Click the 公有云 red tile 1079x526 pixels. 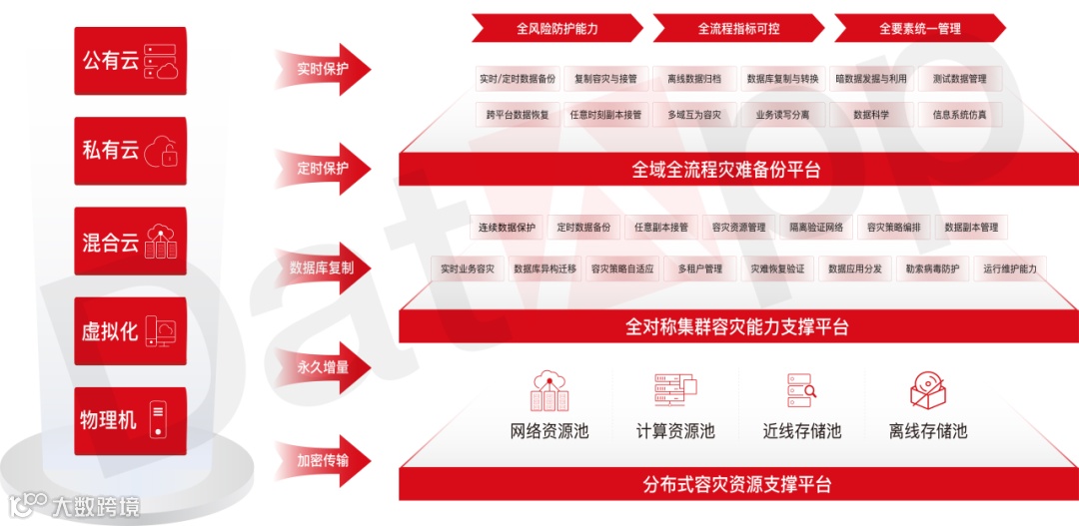point(130,61)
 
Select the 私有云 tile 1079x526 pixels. point(130,151)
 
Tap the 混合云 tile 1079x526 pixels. point(130,242)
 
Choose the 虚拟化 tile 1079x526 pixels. point(130,331)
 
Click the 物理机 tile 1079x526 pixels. point(130,421)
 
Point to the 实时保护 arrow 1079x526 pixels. point(325,70)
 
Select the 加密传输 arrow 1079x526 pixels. point(325,461)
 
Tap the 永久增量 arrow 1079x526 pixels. point(325,367)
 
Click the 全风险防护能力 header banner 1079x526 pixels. point(557,29)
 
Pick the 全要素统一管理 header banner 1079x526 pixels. point(920,29)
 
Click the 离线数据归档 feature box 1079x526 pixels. point(694,79)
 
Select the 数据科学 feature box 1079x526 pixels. point(871,115)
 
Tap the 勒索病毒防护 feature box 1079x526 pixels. point(932,268)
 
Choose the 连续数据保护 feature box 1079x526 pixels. point(507,228)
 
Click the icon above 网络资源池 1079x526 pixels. point(549,391)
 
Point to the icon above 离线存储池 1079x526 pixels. point(928,391)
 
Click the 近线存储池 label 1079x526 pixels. point(802,431)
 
